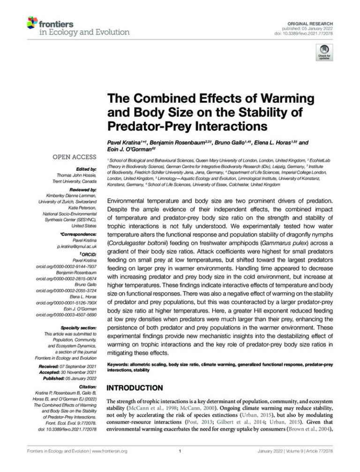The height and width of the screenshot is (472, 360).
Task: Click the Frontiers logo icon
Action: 32,23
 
